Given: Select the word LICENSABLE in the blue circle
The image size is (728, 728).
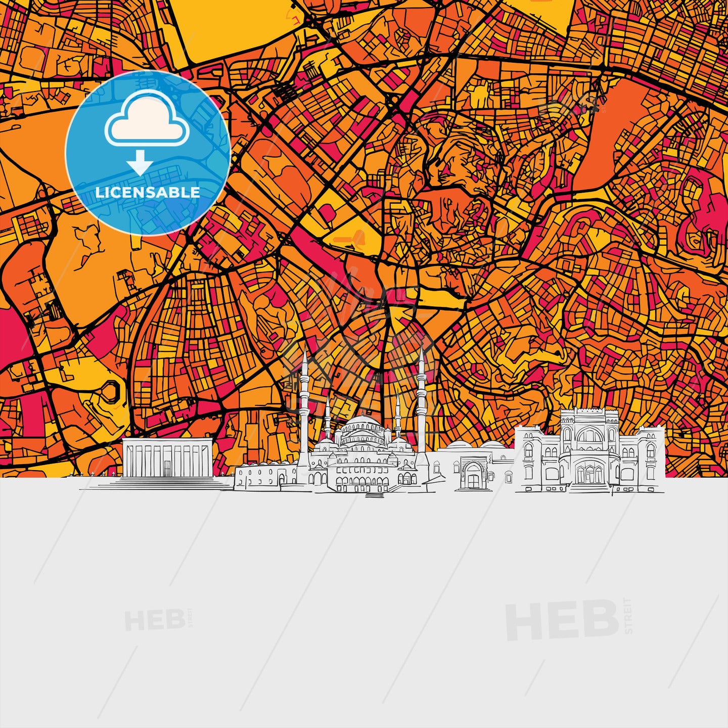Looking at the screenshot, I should click(x=148, y=193).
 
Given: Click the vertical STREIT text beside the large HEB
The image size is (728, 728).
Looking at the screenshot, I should click(x=628, y=616).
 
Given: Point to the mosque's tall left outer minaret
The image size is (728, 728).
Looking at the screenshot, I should click(x=304, y=404).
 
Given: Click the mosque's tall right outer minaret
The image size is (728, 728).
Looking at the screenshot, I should click(x=421, y=399).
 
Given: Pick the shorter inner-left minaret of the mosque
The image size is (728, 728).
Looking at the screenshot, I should click(x=328, y=420).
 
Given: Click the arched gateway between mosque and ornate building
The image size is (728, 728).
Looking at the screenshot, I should click(x=473, y=475).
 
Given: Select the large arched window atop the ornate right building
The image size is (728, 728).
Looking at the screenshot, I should click(x=589, y=435).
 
